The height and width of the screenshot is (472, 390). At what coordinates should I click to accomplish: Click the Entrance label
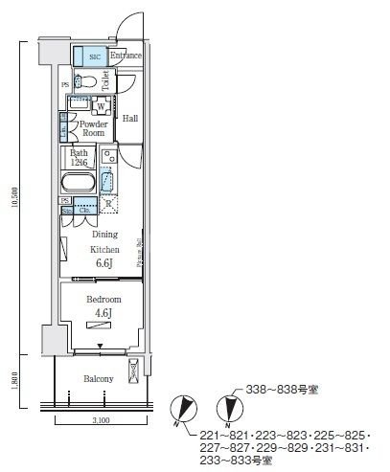pos(126,56)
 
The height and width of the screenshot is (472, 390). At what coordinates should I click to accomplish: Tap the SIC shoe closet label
pos(93,56)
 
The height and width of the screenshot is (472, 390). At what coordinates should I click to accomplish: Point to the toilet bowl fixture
pos(89,83)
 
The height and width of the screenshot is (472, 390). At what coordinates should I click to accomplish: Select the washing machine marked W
pos(100,106)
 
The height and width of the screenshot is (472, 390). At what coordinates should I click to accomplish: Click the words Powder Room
pos(92,129)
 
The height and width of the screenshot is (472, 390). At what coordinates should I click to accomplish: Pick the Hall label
pos(131,119)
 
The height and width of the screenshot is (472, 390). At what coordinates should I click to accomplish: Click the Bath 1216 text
pos(80,158)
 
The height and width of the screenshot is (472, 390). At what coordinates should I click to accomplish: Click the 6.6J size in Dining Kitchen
pos(103,263)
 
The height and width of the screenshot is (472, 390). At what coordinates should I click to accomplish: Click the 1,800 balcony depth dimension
pos(11,382)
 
